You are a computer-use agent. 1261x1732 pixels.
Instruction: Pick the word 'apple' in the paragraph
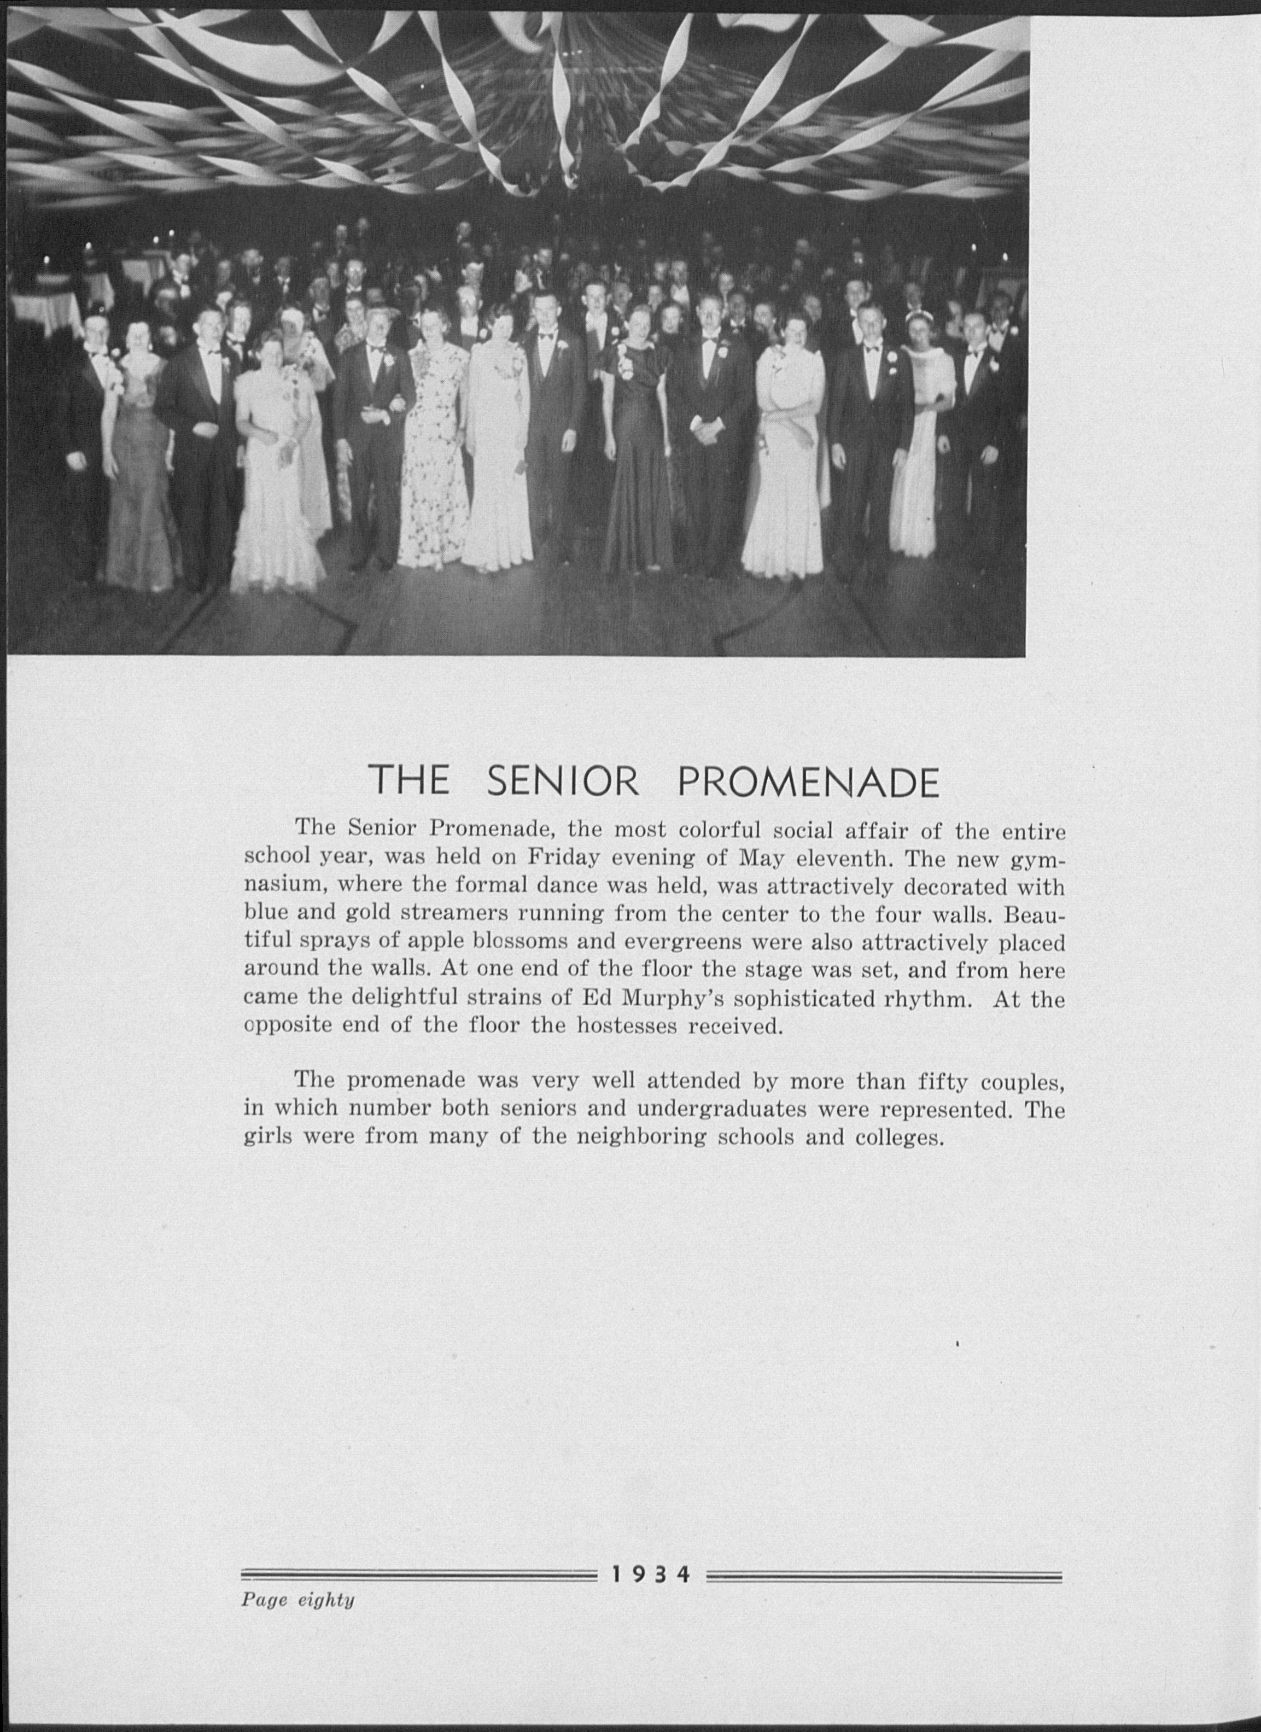[x=433, y=942]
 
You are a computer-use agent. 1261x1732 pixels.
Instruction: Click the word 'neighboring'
[x=654, y=1136]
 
